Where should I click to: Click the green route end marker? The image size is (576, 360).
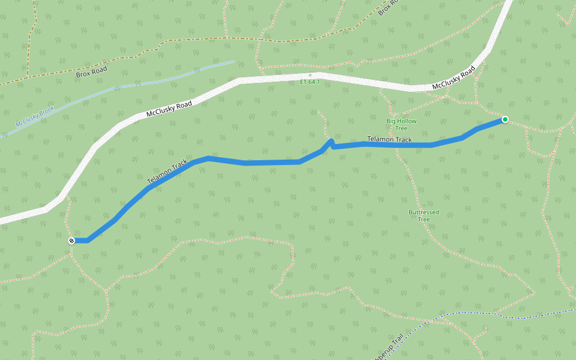(x=505, y=119)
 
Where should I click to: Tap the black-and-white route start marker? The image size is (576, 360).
(x=71, y=241)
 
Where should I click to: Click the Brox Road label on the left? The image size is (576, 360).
(x=91, y=72)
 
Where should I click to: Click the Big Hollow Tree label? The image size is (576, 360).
(x=401, y=125)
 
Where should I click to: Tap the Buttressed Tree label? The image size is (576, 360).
(x=424, y=216)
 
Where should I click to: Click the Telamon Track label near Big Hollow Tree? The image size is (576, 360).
(x=389, y=140)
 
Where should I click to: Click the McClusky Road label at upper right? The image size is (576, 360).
(x=454, y=79)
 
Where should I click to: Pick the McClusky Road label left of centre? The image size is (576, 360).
(x=169, y=109)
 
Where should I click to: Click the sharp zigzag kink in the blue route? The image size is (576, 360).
(x=331, y=143)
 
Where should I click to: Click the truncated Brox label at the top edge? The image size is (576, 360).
(x=388, y=8)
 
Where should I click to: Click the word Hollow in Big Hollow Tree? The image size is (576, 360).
(x=406, y=121)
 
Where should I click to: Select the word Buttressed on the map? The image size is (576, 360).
(x=424, y=212)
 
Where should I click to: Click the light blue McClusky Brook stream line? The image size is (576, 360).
(x=150, y=80)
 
